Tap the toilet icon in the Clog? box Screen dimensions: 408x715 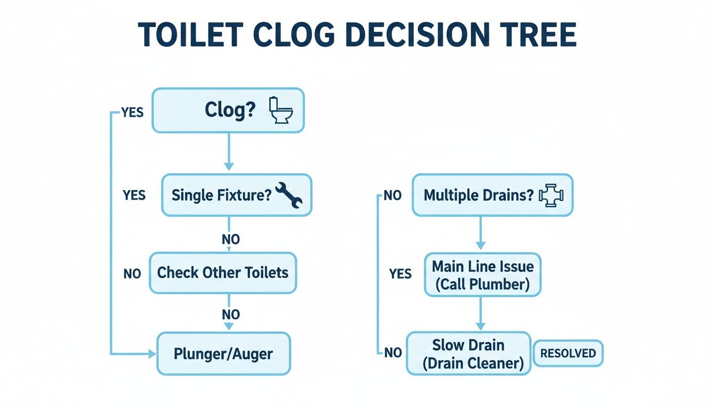coord(281,110)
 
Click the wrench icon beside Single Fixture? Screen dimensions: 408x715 coord(289,195)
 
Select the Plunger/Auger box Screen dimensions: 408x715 coord(223,354)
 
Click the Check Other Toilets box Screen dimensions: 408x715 coord(222,273)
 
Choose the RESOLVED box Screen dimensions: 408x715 coord(568,353)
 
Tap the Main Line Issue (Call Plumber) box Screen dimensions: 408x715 coord(482,275)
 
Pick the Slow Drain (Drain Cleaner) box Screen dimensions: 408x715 coord(468,354)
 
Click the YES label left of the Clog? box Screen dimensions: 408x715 coord(132,113)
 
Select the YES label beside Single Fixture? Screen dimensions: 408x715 coord(134,195)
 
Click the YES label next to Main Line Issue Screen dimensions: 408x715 coord(400,274)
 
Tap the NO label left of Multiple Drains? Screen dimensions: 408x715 coord(392,195)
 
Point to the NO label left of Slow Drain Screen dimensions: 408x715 coord(393,353)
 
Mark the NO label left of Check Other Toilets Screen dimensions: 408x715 coord(132,274)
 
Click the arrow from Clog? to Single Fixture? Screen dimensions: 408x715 coord(229,152)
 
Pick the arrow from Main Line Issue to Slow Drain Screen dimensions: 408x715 coord(480,313)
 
